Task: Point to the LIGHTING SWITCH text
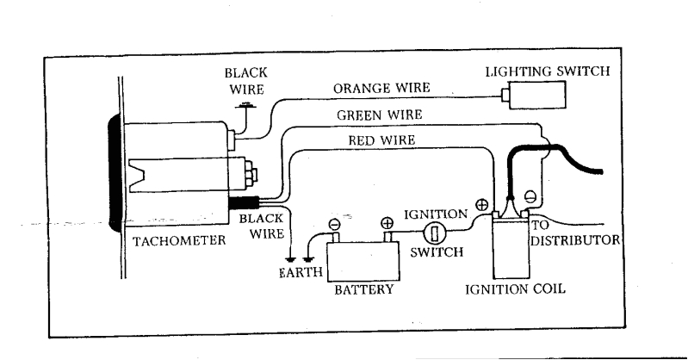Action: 547,71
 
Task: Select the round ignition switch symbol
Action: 435,233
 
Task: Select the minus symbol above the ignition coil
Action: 530,197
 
